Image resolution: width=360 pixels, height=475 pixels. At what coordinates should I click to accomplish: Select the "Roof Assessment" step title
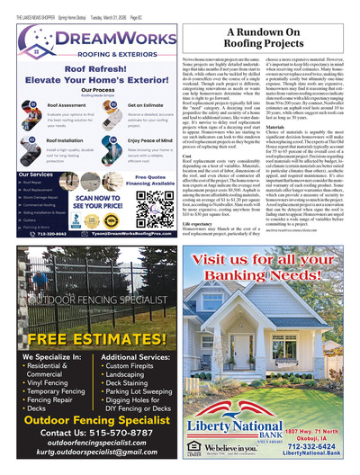49,106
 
